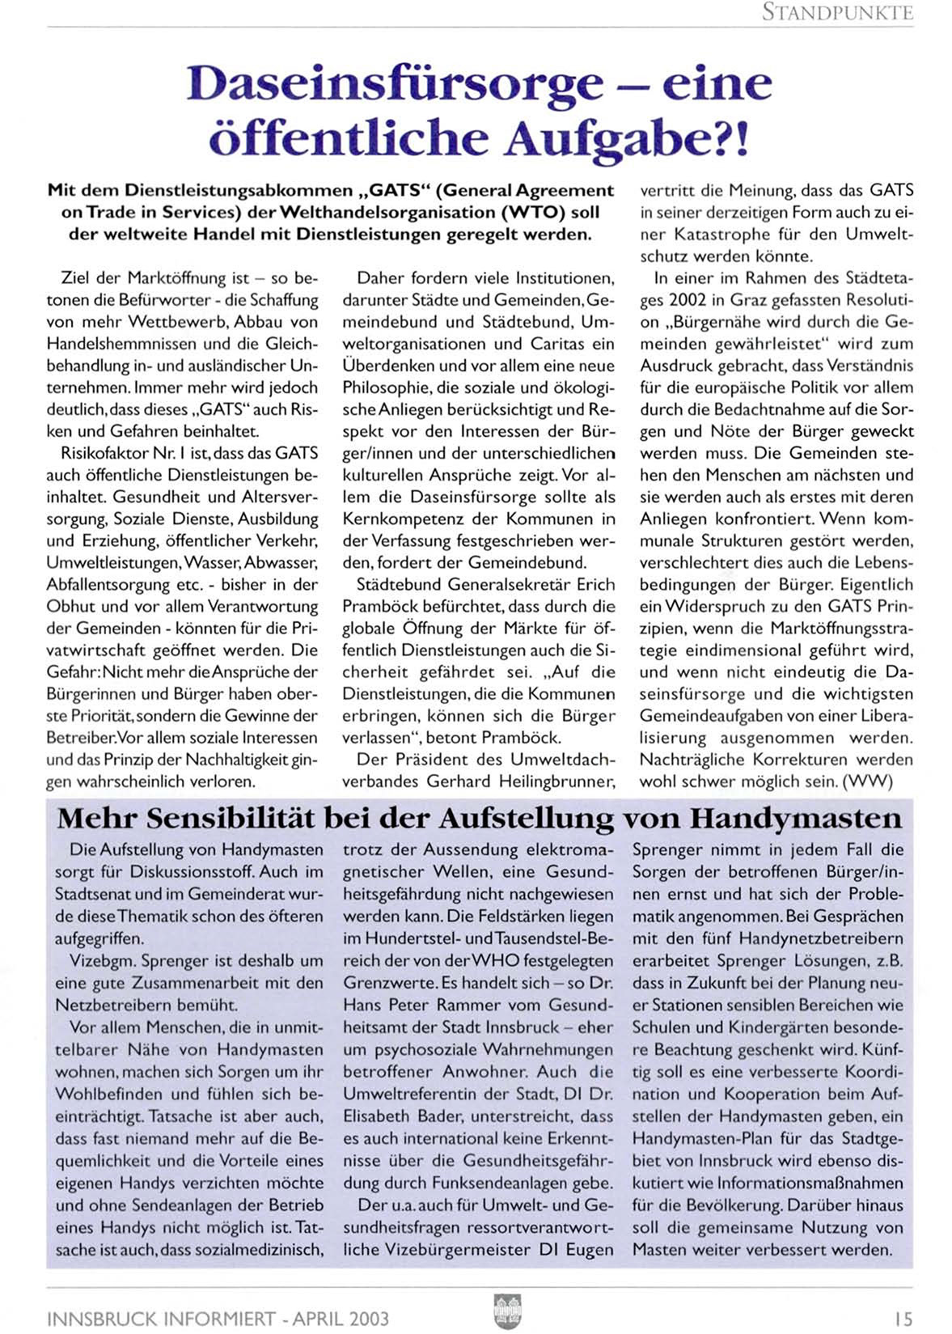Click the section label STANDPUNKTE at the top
pyautogui.click(x=837, y=13)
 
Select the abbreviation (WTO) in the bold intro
pyautogui.click(x=533, y=213)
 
